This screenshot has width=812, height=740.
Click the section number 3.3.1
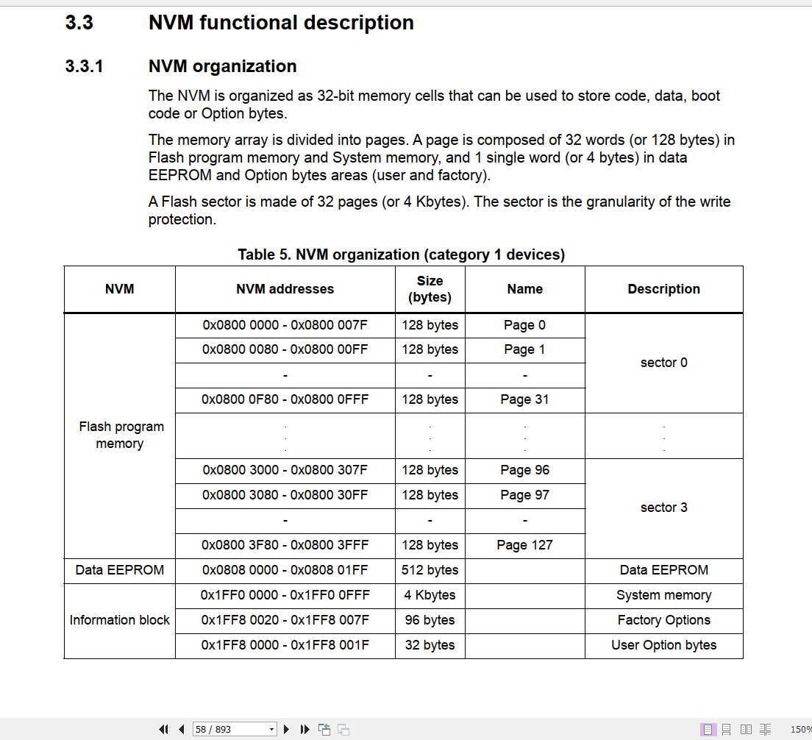point(84,66)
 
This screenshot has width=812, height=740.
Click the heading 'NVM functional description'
point(281,23)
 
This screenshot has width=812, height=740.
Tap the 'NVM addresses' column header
point(285,289)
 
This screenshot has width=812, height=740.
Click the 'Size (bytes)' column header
point(430,289)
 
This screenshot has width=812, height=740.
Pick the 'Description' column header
point(663,289)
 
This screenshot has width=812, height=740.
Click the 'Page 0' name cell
point(524,325)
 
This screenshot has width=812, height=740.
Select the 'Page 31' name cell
point(524,399)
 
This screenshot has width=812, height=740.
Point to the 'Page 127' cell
point(524,545)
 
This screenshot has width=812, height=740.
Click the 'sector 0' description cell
point(663,363)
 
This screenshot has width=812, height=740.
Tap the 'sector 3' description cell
point(663,508)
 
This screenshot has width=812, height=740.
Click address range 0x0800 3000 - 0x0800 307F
point(285,470)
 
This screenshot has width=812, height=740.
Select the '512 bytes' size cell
point(430,570)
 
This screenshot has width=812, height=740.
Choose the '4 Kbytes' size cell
point(430,595)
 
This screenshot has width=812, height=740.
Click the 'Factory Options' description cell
point(663,620)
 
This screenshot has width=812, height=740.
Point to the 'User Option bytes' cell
point(663,645)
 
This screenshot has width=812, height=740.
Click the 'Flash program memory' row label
point(119,435)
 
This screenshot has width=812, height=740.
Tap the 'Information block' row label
point(119,620)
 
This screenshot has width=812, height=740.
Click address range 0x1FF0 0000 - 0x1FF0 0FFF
point(285,595)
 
